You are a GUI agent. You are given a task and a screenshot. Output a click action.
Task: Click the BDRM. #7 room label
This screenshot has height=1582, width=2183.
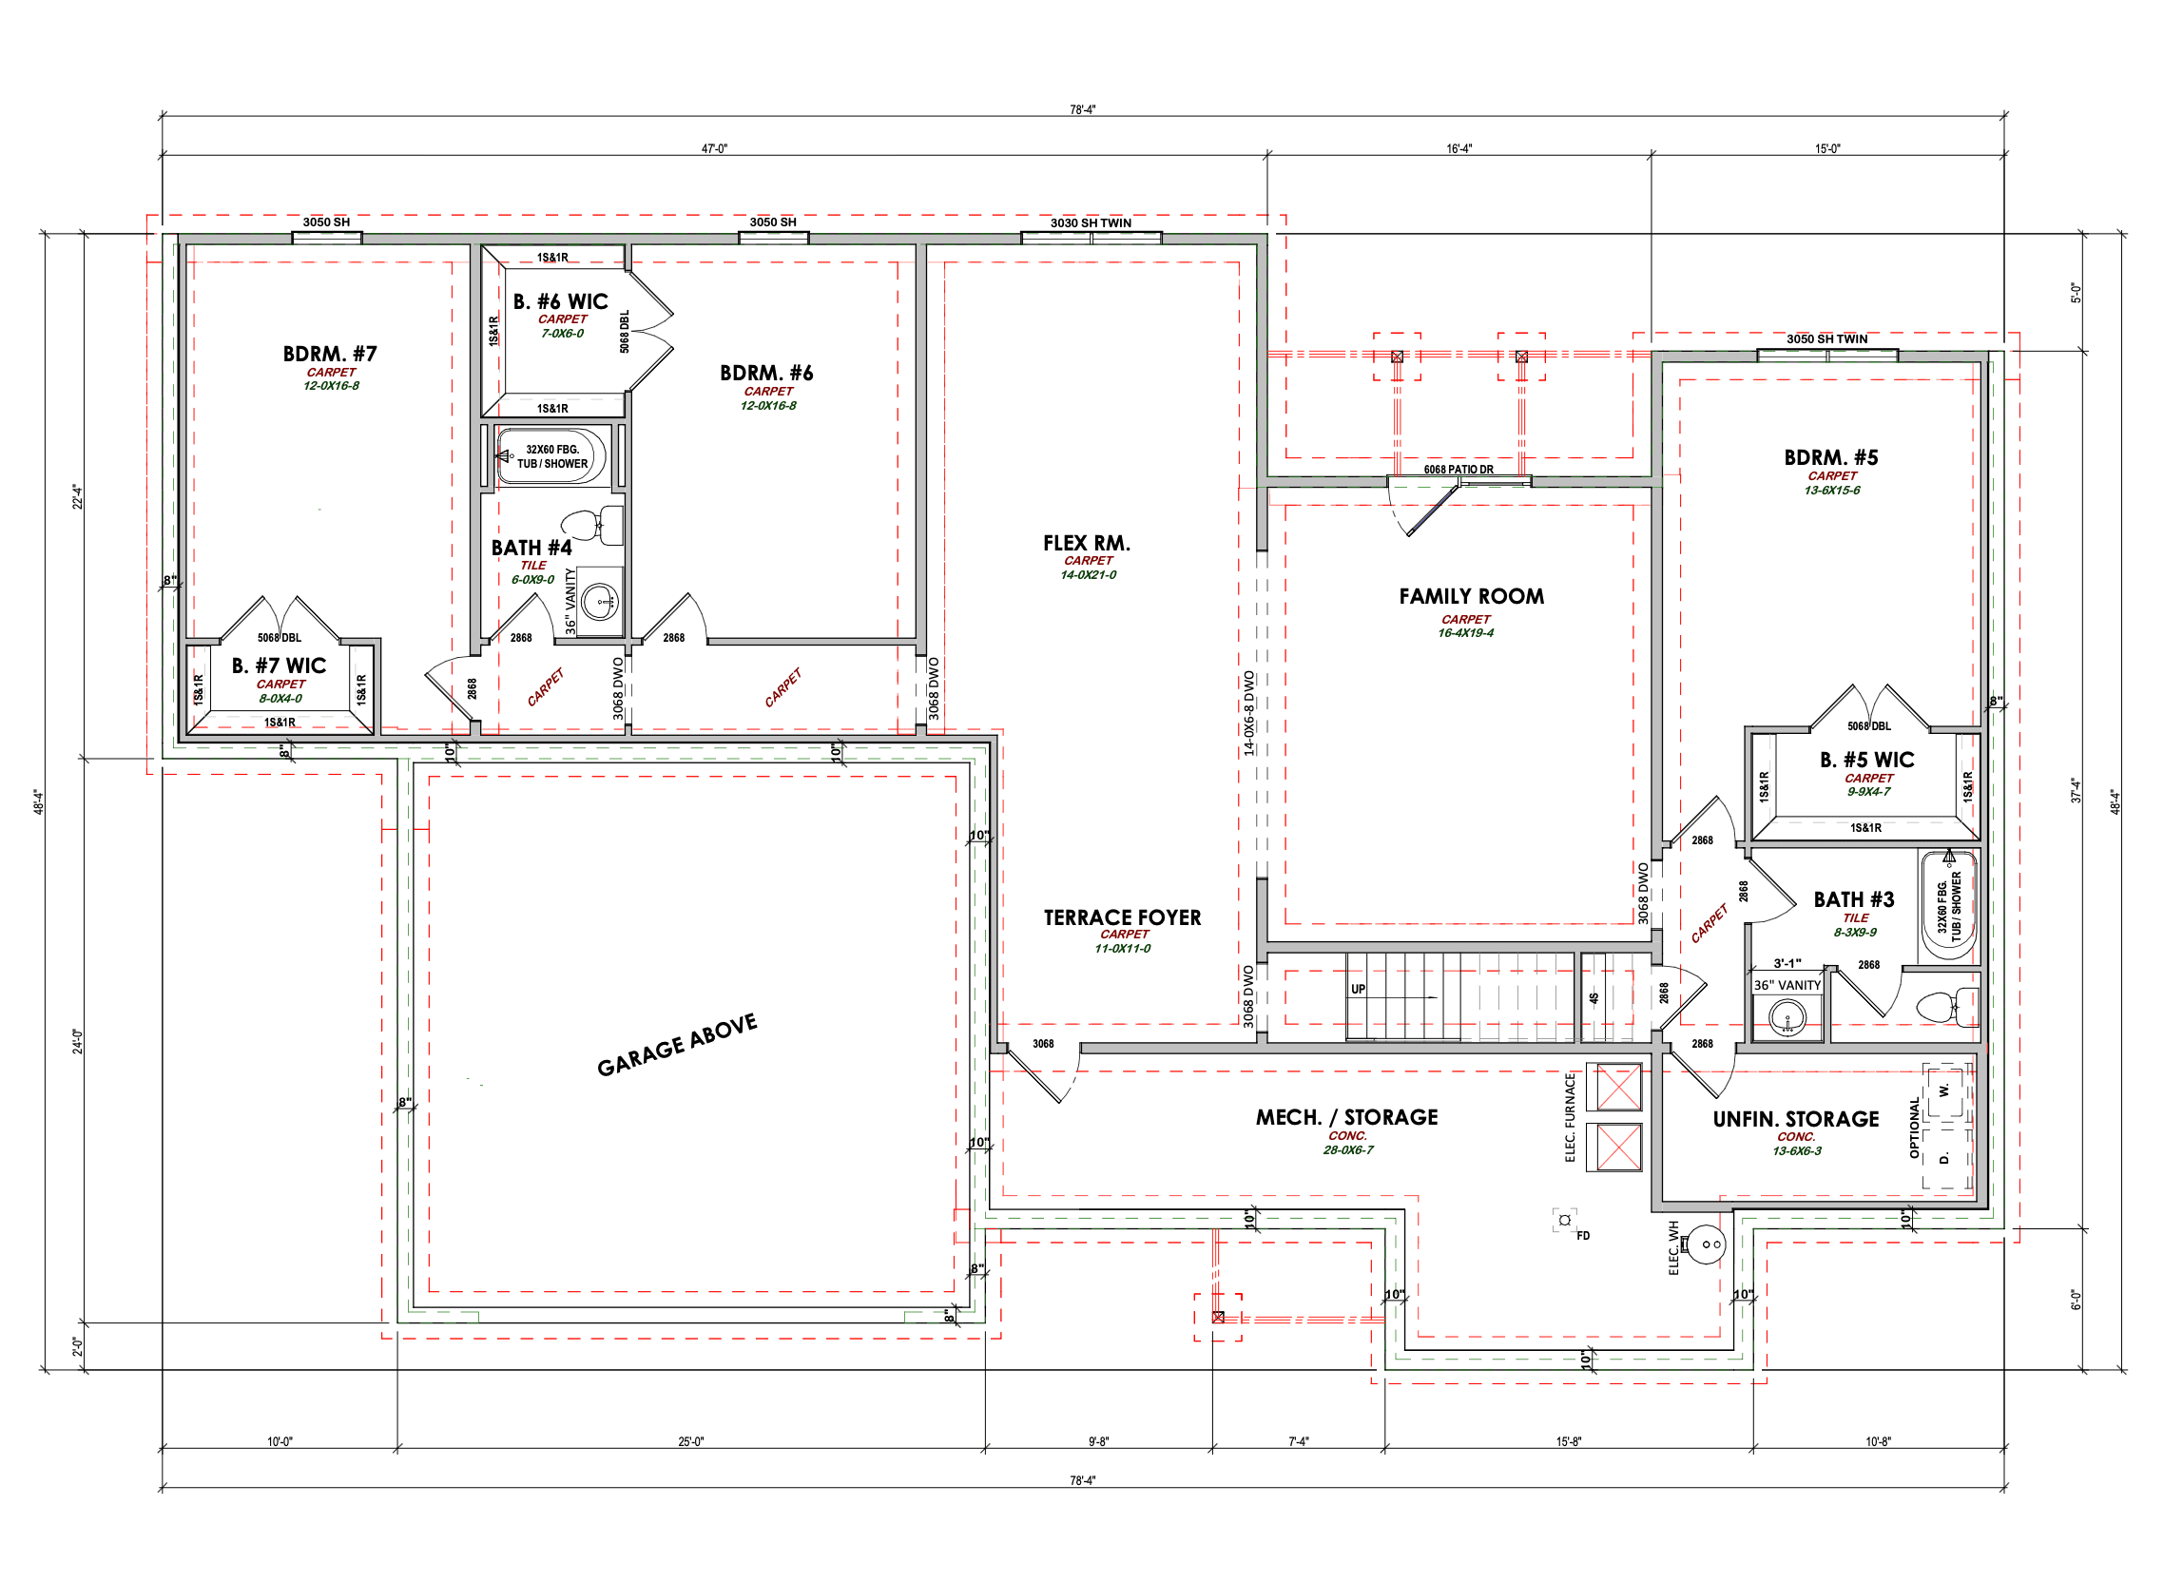(x=330, y=354)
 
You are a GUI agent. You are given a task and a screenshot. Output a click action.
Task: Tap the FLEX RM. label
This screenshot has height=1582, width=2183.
(x=1087, y=544)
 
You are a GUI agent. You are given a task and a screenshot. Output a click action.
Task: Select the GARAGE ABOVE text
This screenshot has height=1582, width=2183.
(x=677, y=1045)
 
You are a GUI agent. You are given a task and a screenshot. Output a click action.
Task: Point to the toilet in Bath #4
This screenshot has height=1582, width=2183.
(x=592, y=526)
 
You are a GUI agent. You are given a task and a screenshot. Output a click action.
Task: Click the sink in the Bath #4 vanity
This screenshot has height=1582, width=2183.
(x=602, y=602)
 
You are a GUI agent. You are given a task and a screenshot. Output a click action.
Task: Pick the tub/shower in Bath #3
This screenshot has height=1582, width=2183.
(x=1949, y=905)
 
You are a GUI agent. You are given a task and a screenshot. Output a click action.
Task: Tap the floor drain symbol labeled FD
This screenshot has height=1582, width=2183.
(x=1565, y=1220)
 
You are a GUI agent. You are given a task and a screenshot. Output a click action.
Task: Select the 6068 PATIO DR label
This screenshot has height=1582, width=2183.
(x=1459, y=470)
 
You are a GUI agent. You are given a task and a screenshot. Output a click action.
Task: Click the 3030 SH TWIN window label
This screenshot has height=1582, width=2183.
(x=1091, y=223)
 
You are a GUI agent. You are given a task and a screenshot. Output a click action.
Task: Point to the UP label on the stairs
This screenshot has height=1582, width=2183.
(x=1358, y=990)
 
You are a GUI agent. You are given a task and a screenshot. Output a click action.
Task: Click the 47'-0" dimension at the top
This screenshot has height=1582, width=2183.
(x=714, y=149)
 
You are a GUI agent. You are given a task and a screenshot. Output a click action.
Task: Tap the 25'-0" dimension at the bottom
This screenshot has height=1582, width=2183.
(x=691, y=1441)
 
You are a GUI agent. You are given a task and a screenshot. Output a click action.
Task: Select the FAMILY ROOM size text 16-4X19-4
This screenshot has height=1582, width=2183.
(x=1466, y=633)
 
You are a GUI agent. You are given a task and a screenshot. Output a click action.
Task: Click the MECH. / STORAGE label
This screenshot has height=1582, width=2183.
(x=1346, y=1117)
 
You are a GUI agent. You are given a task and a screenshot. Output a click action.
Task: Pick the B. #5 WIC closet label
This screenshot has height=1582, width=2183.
(x=1867, y=761)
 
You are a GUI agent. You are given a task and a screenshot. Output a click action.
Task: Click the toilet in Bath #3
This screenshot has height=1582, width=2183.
(x=1946, y=1008)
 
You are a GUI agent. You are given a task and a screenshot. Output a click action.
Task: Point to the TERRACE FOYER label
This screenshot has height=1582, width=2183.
(x=1122, y=918)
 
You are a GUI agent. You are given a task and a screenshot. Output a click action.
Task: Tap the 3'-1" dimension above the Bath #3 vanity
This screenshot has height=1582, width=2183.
(x=1787, y=963)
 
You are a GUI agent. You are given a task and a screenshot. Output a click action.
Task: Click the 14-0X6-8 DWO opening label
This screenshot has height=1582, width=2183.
(x=1249, y=713)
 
